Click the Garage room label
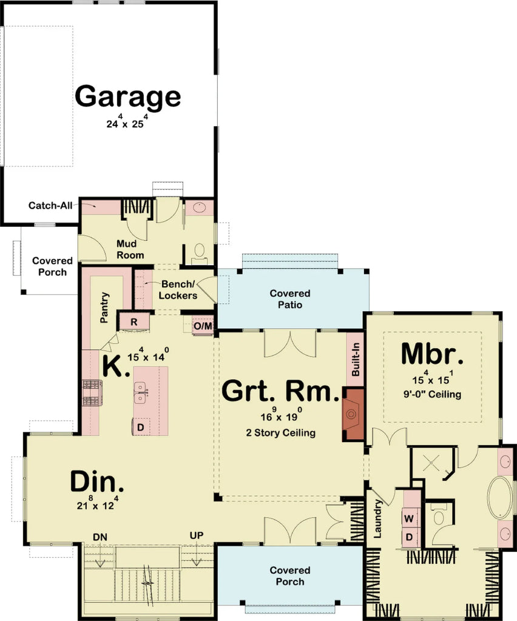[x=128, y=96]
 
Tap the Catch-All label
[x=50, y=206]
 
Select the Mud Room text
[x=130, y=249]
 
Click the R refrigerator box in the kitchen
[x=133, y=321]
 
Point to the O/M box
[x=203, y=326]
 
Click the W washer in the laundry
[x=409, y=519]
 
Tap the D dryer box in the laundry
[x=409, y=537]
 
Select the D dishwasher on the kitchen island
[x=140, y=427]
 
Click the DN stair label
[x=100, y=537]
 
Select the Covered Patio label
[x=289, y=299]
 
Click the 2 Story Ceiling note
[x=280, y=432]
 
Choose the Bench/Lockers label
[x=179, y=290]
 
